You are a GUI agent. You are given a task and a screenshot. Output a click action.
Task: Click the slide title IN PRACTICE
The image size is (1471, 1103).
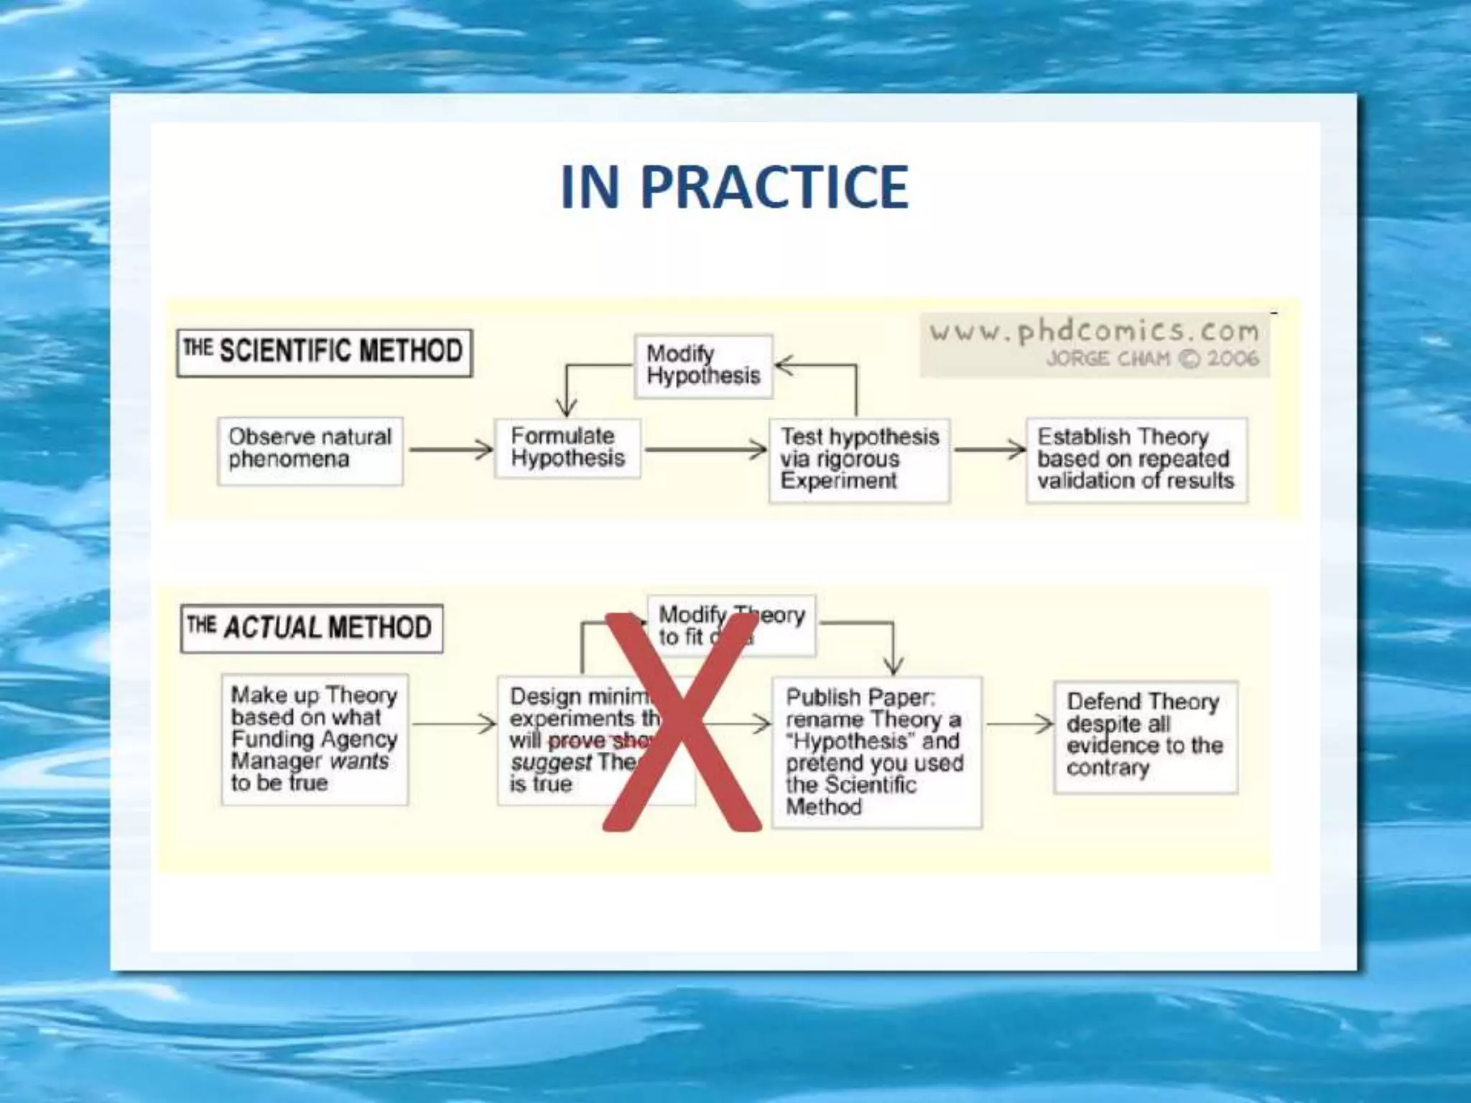pos(734,187)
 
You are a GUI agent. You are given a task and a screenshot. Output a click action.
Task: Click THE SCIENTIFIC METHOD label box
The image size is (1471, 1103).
pos(324,352)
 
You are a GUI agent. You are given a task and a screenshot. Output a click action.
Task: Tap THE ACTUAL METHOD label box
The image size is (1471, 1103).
pos(311,628)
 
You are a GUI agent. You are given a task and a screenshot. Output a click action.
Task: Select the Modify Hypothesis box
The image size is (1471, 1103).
pos(703,366)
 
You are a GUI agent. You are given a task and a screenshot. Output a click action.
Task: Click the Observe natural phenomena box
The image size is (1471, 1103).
pos(310,450)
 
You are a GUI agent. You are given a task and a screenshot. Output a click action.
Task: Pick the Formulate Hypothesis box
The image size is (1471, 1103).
pos(567,448)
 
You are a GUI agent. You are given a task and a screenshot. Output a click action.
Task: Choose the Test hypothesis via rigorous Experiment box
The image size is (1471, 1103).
pos(859,460)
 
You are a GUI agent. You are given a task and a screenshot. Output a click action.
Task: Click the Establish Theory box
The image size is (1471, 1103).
pos(1136,460)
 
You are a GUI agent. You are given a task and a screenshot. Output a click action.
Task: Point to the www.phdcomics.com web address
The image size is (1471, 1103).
pos(1094,332)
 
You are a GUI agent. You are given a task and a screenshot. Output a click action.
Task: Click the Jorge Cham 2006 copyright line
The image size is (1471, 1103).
pos(1152,358)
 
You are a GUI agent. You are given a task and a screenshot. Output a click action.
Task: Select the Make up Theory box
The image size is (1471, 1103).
pos(315,739)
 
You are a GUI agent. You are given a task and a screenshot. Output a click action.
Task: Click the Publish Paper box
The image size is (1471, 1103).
pos(876,752)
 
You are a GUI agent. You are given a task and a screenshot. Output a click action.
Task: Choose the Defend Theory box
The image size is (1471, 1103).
pos(1145,736)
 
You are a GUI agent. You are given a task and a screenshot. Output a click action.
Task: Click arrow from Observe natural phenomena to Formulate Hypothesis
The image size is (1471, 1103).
pos(450,450)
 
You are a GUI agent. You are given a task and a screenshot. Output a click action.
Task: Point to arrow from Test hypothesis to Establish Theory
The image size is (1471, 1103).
pos(989,450)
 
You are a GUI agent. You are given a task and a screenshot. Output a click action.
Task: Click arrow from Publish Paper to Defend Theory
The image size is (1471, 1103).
pos(1019,724)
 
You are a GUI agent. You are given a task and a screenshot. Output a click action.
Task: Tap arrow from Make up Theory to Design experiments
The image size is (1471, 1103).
pos(454,724)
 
